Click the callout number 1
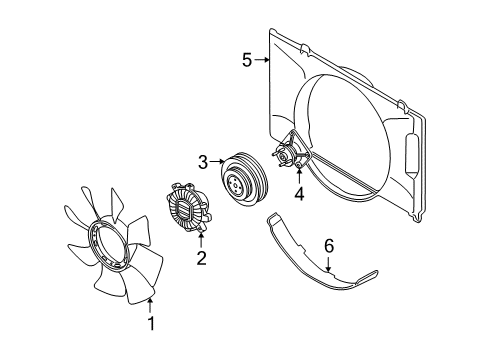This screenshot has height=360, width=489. coord(151,323)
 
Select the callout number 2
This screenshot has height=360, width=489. coord(201,259)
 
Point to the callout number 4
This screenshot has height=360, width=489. coord(298,193)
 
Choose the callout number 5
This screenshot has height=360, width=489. coord(246,60)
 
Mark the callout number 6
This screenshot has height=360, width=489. coord(327,245)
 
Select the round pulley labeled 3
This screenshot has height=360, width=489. coord(239,179)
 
